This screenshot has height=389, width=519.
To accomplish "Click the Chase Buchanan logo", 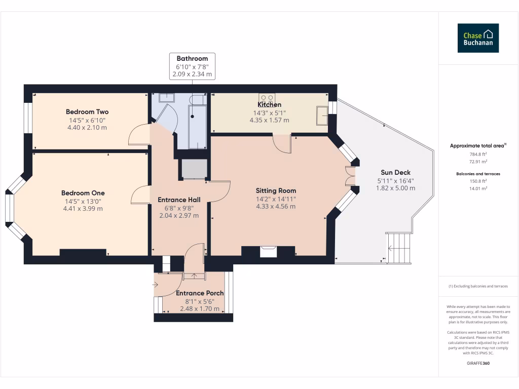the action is (478, 38).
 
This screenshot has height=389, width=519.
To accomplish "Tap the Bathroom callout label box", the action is (192, 66).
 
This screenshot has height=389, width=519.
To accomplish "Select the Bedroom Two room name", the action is (87, 112).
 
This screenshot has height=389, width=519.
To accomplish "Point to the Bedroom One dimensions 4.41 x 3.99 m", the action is (83, 209).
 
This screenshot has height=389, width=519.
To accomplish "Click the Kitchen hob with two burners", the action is (267, 98).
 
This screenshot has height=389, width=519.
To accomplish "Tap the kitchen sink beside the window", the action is (322, 115).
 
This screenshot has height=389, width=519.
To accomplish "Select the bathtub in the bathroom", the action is (197, 127).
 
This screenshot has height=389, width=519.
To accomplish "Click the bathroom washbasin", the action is (166, 98).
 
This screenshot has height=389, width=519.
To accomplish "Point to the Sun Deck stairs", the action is (399, 248).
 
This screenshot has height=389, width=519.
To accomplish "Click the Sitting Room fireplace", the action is (268, 251).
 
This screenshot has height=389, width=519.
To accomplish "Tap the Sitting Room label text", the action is (276, 191).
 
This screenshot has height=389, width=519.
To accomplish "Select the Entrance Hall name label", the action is (179, 200).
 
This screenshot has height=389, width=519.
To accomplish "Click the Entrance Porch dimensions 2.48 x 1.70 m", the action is (200, 309).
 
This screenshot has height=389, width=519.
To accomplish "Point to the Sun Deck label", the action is (395, 172).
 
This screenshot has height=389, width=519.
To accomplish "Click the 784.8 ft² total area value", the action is (478, 154).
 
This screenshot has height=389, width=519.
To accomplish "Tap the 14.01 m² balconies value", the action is (478, 188).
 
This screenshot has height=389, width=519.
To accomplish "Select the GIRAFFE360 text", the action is (478, 363).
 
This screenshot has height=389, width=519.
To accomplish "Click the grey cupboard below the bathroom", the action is (194, 169).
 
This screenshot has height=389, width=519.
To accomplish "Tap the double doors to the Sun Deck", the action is (350, 176).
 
